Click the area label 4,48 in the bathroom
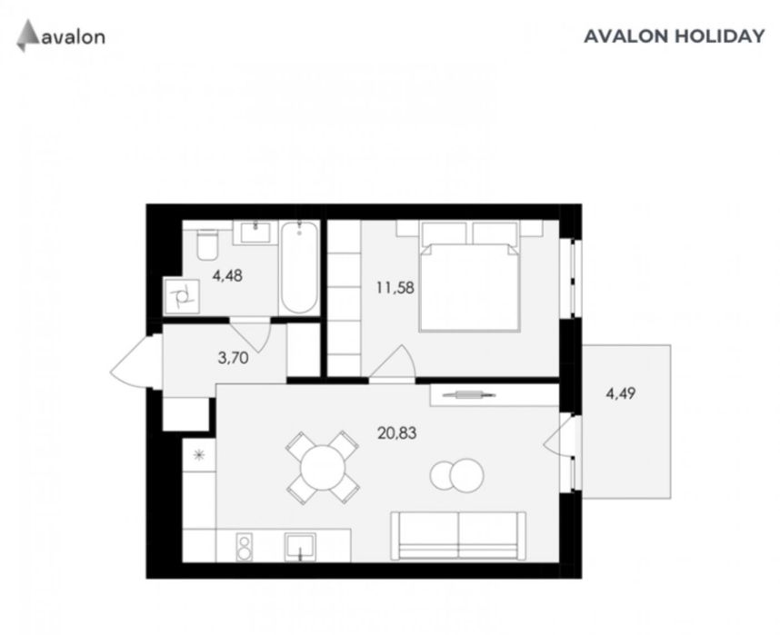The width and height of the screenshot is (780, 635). (227, 275)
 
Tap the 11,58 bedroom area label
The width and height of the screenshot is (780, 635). (395, 288)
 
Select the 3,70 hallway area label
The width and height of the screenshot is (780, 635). (234, 358)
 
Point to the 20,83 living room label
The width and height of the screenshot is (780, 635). (397, 433)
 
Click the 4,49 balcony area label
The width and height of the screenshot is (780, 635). (621, 394)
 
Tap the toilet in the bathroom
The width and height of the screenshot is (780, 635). (207, 244)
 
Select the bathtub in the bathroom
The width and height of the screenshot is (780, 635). (299, 267)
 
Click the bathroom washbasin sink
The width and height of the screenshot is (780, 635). (255, 233)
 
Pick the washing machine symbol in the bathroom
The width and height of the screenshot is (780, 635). (182, 296)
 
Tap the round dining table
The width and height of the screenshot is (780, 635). (323, 468)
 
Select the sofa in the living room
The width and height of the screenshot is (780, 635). (458, 536)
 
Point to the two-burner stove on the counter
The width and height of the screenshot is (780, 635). (244, 547)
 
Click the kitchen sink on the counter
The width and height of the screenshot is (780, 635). (300, 547)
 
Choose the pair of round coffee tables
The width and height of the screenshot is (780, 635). (456, 475)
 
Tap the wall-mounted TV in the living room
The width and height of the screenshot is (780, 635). (468, 395)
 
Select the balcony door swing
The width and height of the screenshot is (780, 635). (560, 438)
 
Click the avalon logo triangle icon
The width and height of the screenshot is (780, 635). (28, 35)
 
